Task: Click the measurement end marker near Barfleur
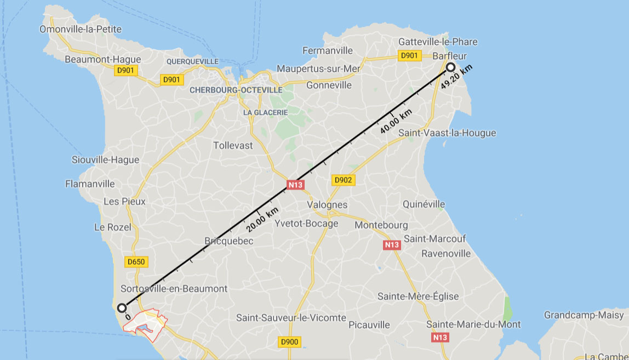pos(450,67)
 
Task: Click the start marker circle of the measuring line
pos(122,307)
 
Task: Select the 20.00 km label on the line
pos(262,219)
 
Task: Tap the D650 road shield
pos(136,262)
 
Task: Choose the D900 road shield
pos(289,342)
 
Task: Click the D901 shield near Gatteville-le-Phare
pos(409,55)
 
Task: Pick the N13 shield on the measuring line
pos(295,185)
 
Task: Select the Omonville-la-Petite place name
pos(81,29)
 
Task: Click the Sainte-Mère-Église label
pos(418,296)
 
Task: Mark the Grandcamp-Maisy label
pos(584,315)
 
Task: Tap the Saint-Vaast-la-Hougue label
pos(447,133)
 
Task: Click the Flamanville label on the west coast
pos(90,184)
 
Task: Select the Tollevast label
pos(233,145)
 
